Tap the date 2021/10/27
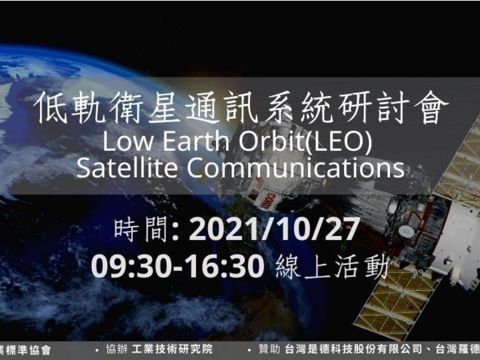pyautogui.click(x=274, y=231)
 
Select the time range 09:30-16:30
pyautogui.click(x=178, y=266)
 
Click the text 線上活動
pyautogui.click(x=332, y=267)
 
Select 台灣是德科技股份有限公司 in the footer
pyautogui.click(x=342, y=349)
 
